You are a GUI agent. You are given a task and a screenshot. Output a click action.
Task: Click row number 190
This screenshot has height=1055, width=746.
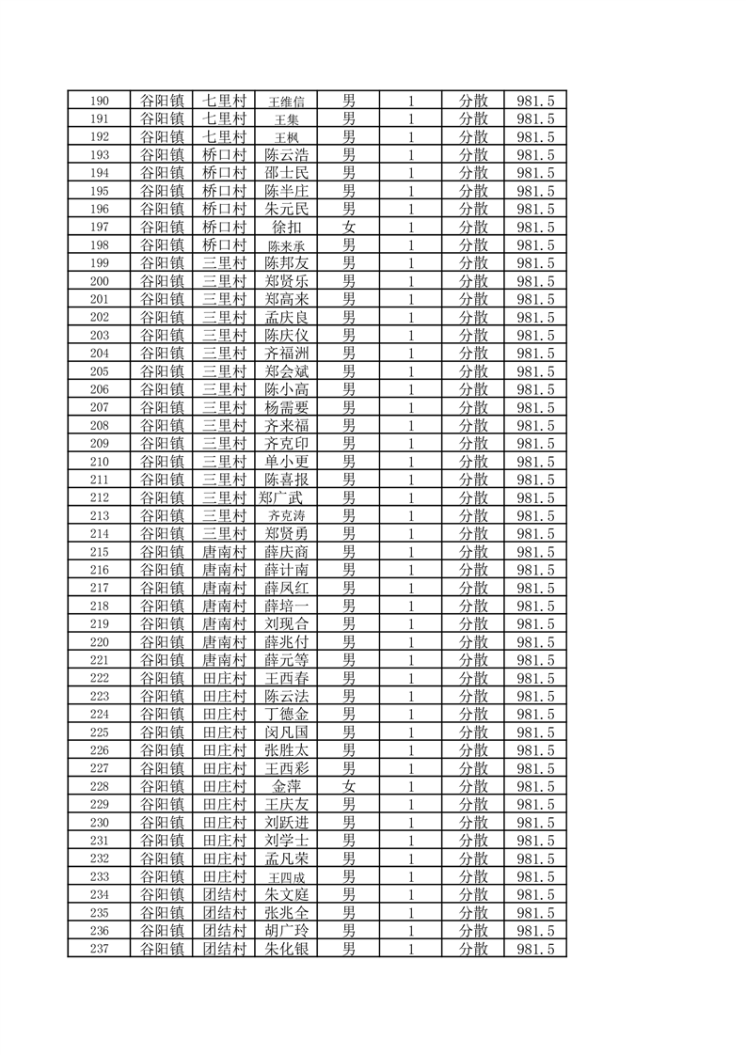(99, 102)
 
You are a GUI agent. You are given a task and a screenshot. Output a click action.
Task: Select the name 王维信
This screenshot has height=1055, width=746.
(286, 102)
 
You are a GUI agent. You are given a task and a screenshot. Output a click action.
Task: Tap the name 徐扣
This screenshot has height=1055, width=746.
(286, 228)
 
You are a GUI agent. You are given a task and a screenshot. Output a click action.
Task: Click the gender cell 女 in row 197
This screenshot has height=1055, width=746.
(348, 228)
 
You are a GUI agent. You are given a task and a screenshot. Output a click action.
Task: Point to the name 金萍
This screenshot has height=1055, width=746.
(286, 787)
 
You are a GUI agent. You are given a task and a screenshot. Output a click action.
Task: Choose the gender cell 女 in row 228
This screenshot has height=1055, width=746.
(348, 787)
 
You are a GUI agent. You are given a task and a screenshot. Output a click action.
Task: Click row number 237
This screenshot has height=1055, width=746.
(99, 950)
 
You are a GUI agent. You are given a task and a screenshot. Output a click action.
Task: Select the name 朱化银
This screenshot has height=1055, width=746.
(286, 950)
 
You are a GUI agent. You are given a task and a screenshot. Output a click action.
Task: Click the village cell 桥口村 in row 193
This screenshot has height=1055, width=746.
(224, 155)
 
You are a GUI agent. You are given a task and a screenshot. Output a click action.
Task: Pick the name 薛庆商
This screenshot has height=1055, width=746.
(286, 552)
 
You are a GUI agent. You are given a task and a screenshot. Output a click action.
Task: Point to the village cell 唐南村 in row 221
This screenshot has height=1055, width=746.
(224, 661)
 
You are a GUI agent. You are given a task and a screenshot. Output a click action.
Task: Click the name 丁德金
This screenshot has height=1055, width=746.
(286, 715)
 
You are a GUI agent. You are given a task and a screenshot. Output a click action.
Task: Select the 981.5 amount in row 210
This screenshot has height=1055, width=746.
(535, 462)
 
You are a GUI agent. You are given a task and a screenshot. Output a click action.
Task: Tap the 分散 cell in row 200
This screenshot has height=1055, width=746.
(473, 281)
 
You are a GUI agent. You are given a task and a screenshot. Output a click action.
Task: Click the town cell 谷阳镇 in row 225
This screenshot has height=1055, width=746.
(161, 732)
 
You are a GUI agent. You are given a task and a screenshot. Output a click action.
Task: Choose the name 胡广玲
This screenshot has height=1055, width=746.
(286, 932)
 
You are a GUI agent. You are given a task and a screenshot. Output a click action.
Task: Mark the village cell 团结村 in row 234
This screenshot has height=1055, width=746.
(224, 895)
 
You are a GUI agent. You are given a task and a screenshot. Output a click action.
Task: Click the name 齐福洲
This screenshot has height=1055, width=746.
(286, 354)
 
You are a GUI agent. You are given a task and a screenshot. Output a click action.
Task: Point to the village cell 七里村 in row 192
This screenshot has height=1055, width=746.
(224, 137)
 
